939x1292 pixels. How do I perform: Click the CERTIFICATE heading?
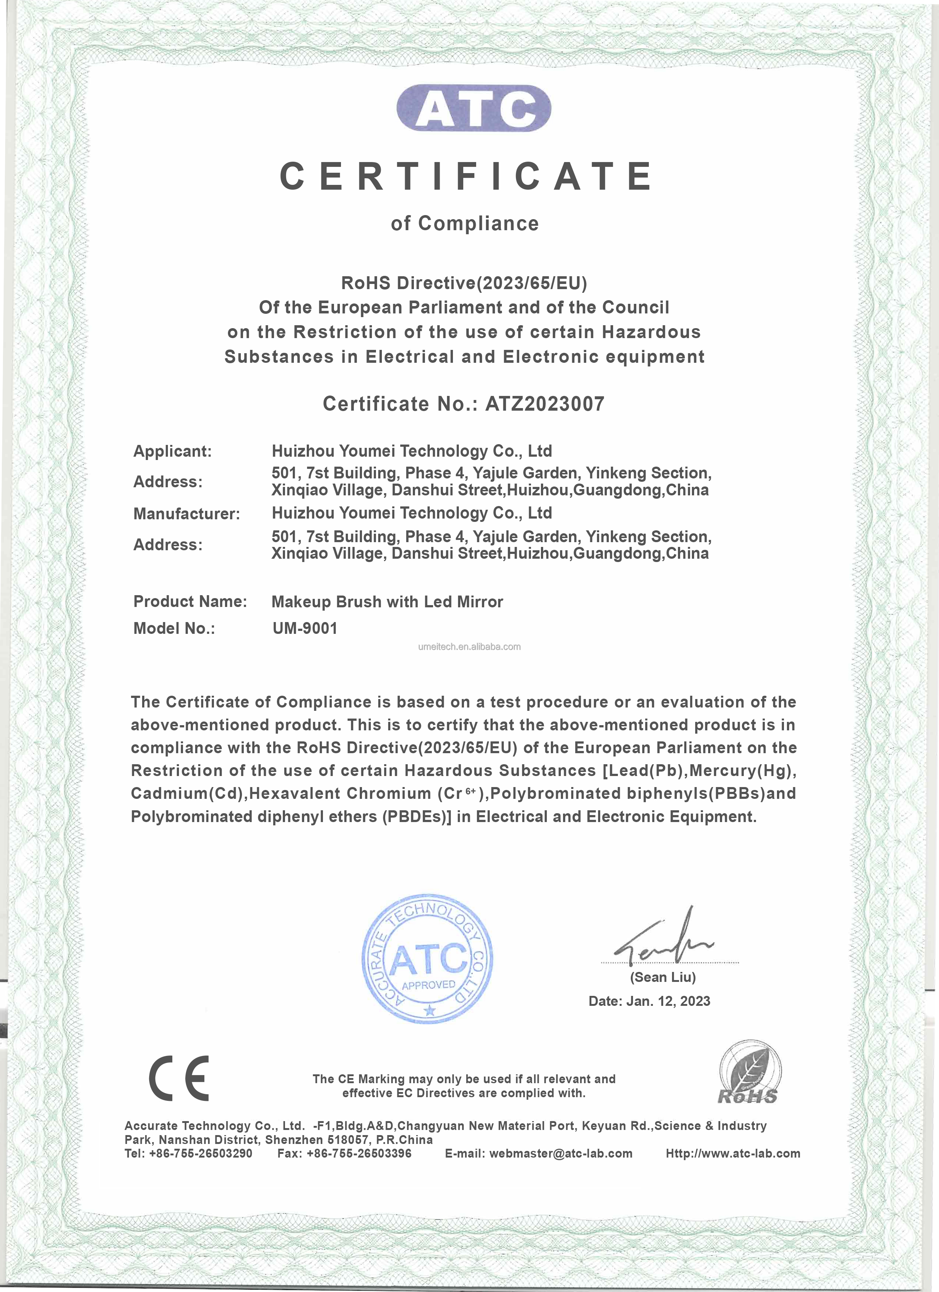[467, 176]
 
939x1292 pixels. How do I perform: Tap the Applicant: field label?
[172, 451]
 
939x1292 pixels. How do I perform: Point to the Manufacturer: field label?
[186, 514]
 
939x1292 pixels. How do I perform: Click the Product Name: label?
[190, 601]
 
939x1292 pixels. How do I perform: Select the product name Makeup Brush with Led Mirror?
[387, 602]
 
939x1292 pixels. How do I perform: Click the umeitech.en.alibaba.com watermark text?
[469, 647]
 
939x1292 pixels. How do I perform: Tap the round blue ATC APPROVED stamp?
[428, 958]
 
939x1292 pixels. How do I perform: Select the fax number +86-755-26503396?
[359, 1154]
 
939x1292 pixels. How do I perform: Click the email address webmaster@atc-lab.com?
[560, 1154]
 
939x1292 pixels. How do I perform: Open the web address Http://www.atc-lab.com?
[733, 1154]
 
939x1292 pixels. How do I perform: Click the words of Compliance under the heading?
[465, 223]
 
